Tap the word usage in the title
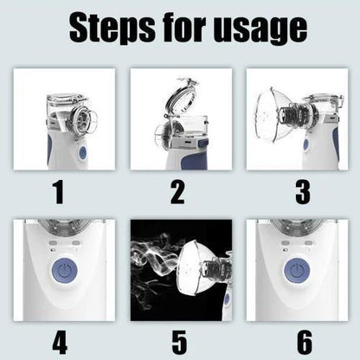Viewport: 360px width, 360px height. pyautogui.click(x=256, y=29)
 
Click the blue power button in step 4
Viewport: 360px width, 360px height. pyautogui.click(x=64, y=267)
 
